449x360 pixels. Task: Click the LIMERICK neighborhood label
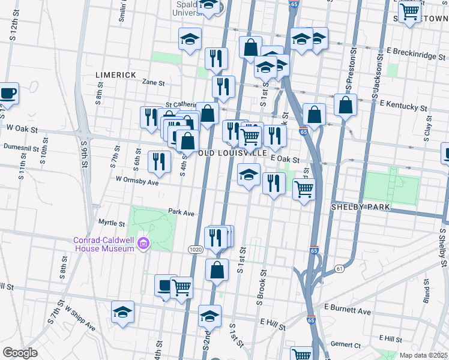point(116,75)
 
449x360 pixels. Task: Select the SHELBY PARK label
point(361,207)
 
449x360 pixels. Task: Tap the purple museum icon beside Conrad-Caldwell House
point(143,244)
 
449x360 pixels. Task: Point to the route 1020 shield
point(196,249)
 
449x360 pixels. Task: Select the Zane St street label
point(154,82)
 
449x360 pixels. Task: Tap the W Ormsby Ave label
point(137,180)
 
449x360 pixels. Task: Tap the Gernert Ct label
point(345,345)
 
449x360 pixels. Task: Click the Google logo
point(20,353)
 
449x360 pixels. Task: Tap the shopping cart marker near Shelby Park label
point(304,189)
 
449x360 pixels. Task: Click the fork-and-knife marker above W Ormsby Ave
point(158,162)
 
